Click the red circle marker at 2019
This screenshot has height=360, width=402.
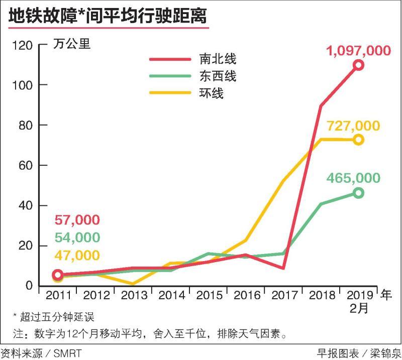coord(358,65)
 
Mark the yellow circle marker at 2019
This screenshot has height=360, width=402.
coord(358,140)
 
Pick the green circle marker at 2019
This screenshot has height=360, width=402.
coord(358,193)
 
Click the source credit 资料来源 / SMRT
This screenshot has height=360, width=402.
coord(41,353)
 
